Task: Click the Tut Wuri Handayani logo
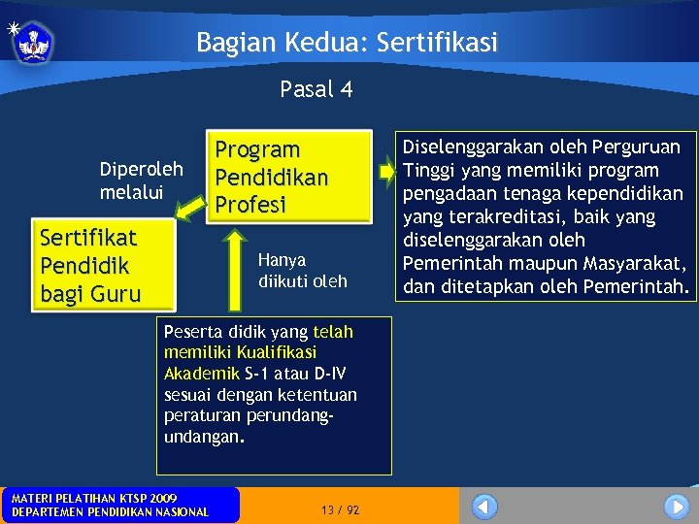(x=35, y=42)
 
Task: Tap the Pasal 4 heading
(x=316, y=90)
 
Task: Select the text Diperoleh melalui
(x=141, y=180)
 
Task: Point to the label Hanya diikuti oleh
(x=302, y=271)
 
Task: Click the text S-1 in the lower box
(x=257, y=374)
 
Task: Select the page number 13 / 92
(x=340, y=510)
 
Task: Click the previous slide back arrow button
(x=484, y=507)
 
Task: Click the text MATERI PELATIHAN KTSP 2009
(x=93, y=498)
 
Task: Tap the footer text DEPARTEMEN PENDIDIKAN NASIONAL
(x=109, y=512)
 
